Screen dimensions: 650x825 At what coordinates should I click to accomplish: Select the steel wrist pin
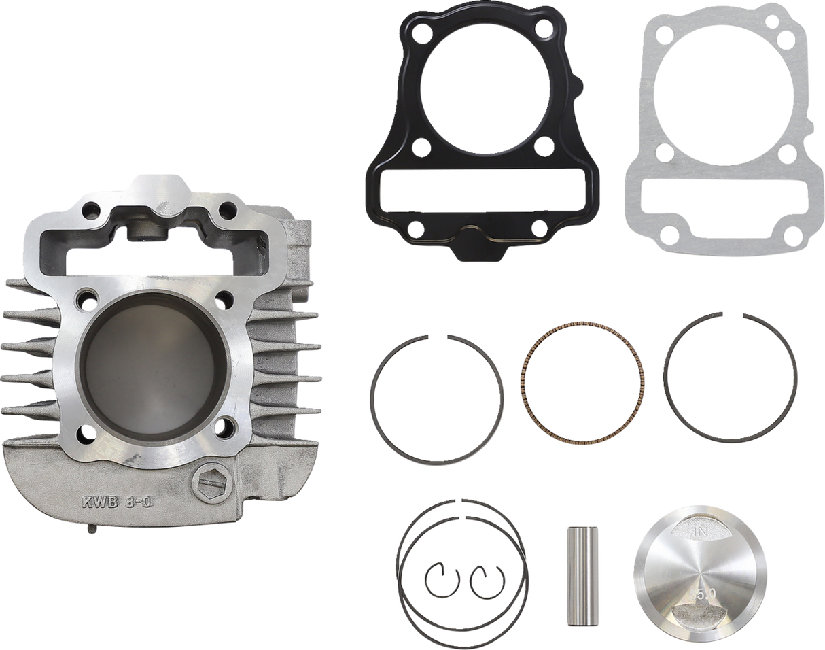coord(574,574)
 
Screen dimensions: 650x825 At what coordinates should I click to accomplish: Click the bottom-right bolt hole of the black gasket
coord(537,227)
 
